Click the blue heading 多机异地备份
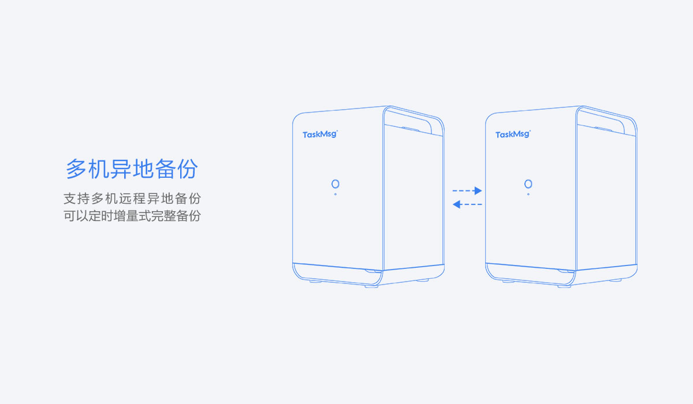tap(132, 169)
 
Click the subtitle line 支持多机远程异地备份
tap(132, 199)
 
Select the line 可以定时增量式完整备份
tap(132, 216)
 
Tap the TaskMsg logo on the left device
tap(320, 134)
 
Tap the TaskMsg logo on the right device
tap(513, 134)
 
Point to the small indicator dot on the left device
tap(336, 194)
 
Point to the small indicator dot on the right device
tap(528, 194)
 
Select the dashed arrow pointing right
tap(467, 190)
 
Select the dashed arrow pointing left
tap(467, 204)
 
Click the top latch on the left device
tap(410, 129)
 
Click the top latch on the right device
tap(603, 129)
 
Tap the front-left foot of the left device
tap(315, 282)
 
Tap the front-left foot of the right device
tap(509, 282)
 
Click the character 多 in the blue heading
tap(76, 169)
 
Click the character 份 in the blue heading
tap(188, 169)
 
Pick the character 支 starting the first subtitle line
tap(70, 199)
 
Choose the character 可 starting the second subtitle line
tap(70, 216)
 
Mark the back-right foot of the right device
tap(616, 280)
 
